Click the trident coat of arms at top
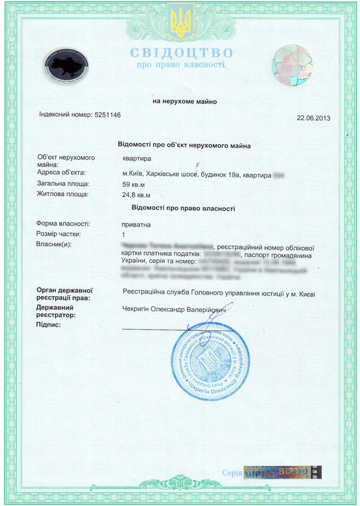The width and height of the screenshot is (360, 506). point(180,20)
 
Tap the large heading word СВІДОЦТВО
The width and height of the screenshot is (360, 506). point(181,53)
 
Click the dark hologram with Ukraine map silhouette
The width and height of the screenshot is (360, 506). point(66,66)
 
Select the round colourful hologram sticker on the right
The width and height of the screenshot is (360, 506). point(292,66)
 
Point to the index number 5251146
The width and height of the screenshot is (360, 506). point(107,115)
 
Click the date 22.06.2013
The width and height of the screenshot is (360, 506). point(313,118)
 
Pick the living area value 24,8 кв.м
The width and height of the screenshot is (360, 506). point(136,195)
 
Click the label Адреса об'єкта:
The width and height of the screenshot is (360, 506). point(61,172)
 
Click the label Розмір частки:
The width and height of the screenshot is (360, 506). point(58,234)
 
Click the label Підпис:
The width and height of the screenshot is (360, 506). point(48,325)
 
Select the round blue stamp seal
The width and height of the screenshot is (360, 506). point(210,361)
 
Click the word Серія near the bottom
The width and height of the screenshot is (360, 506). point(232,472)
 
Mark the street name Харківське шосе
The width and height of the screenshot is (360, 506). point(172,174)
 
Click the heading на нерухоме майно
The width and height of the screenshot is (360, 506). point(184,102)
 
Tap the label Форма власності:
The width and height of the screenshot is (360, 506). point(63,224)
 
